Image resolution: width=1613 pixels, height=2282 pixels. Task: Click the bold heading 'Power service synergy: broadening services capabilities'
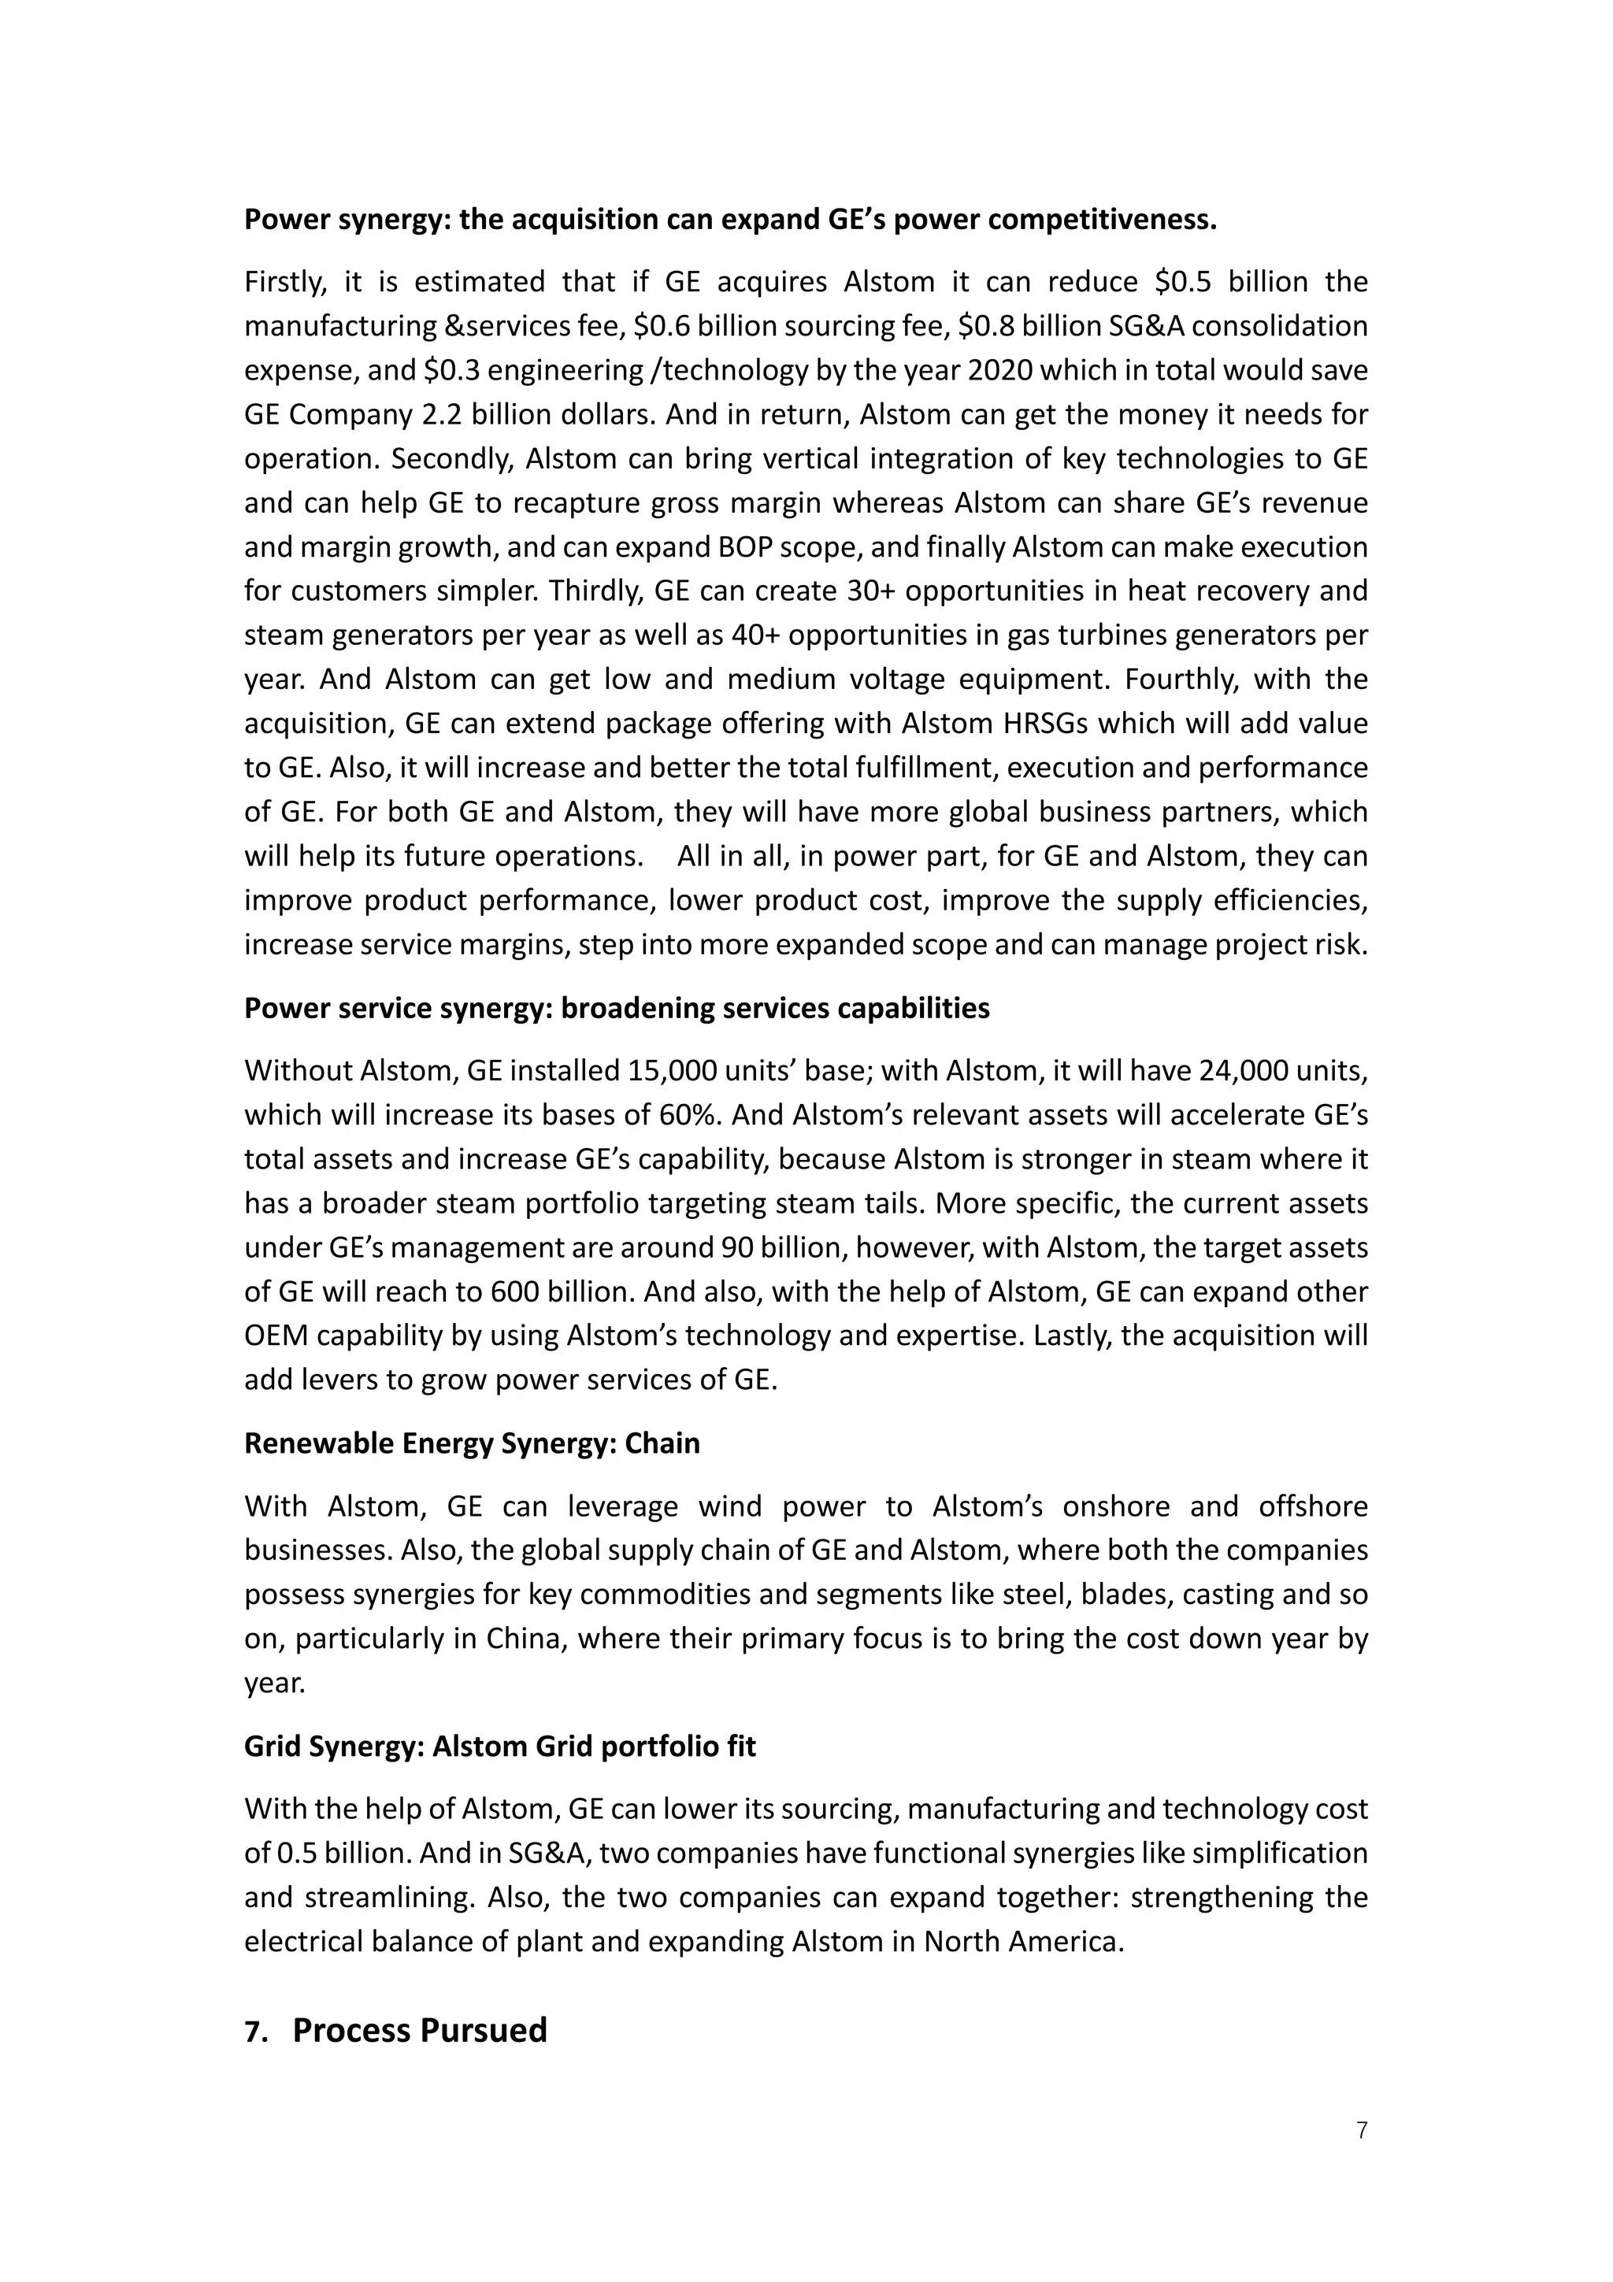click(x=616, y=1008)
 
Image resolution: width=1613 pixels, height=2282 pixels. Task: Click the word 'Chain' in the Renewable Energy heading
click(x=662, y=1443)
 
